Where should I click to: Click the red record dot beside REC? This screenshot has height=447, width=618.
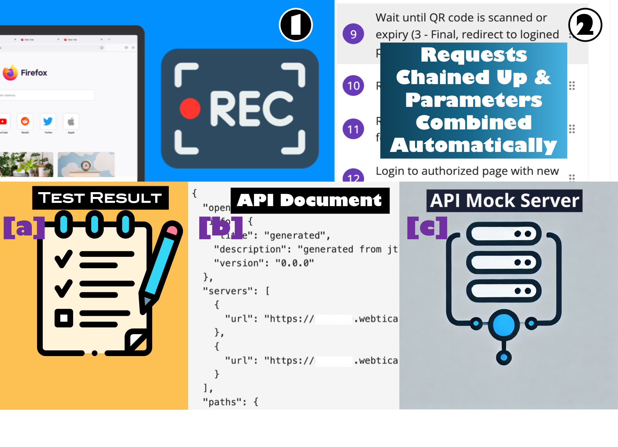[x=190, y=108]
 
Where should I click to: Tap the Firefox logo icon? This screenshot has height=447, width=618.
[x=10, y=72]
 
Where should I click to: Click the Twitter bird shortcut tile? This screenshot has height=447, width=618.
[x=48, y=121]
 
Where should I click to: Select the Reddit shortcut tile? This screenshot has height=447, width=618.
[x=25, y=121]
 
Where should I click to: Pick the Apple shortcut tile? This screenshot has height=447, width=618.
[x=71, y=121]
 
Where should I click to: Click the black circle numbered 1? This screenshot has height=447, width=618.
[x=296, y=25]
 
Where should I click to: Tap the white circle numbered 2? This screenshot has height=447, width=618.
[x=585, y=25]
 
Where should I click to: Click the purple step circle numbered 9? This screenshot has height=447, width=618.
[x=353, y=34]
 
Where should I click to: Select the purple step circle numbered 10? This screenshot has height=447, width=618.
[x=353, y=86]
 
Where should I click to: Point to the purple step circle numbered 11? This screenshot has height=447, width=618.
[x=353, y=129]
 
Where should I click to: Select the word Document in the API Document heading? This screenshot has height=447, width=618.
[x=331, y=200]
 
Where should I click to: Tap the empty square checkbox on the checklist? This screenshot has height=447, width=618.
[x=64, y=318]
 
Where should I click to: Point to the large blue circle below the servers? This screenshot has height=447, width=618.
[x=504, y=325]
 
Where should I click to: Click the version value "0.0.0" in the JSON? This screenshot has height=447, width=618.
[x=294, y=263]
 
